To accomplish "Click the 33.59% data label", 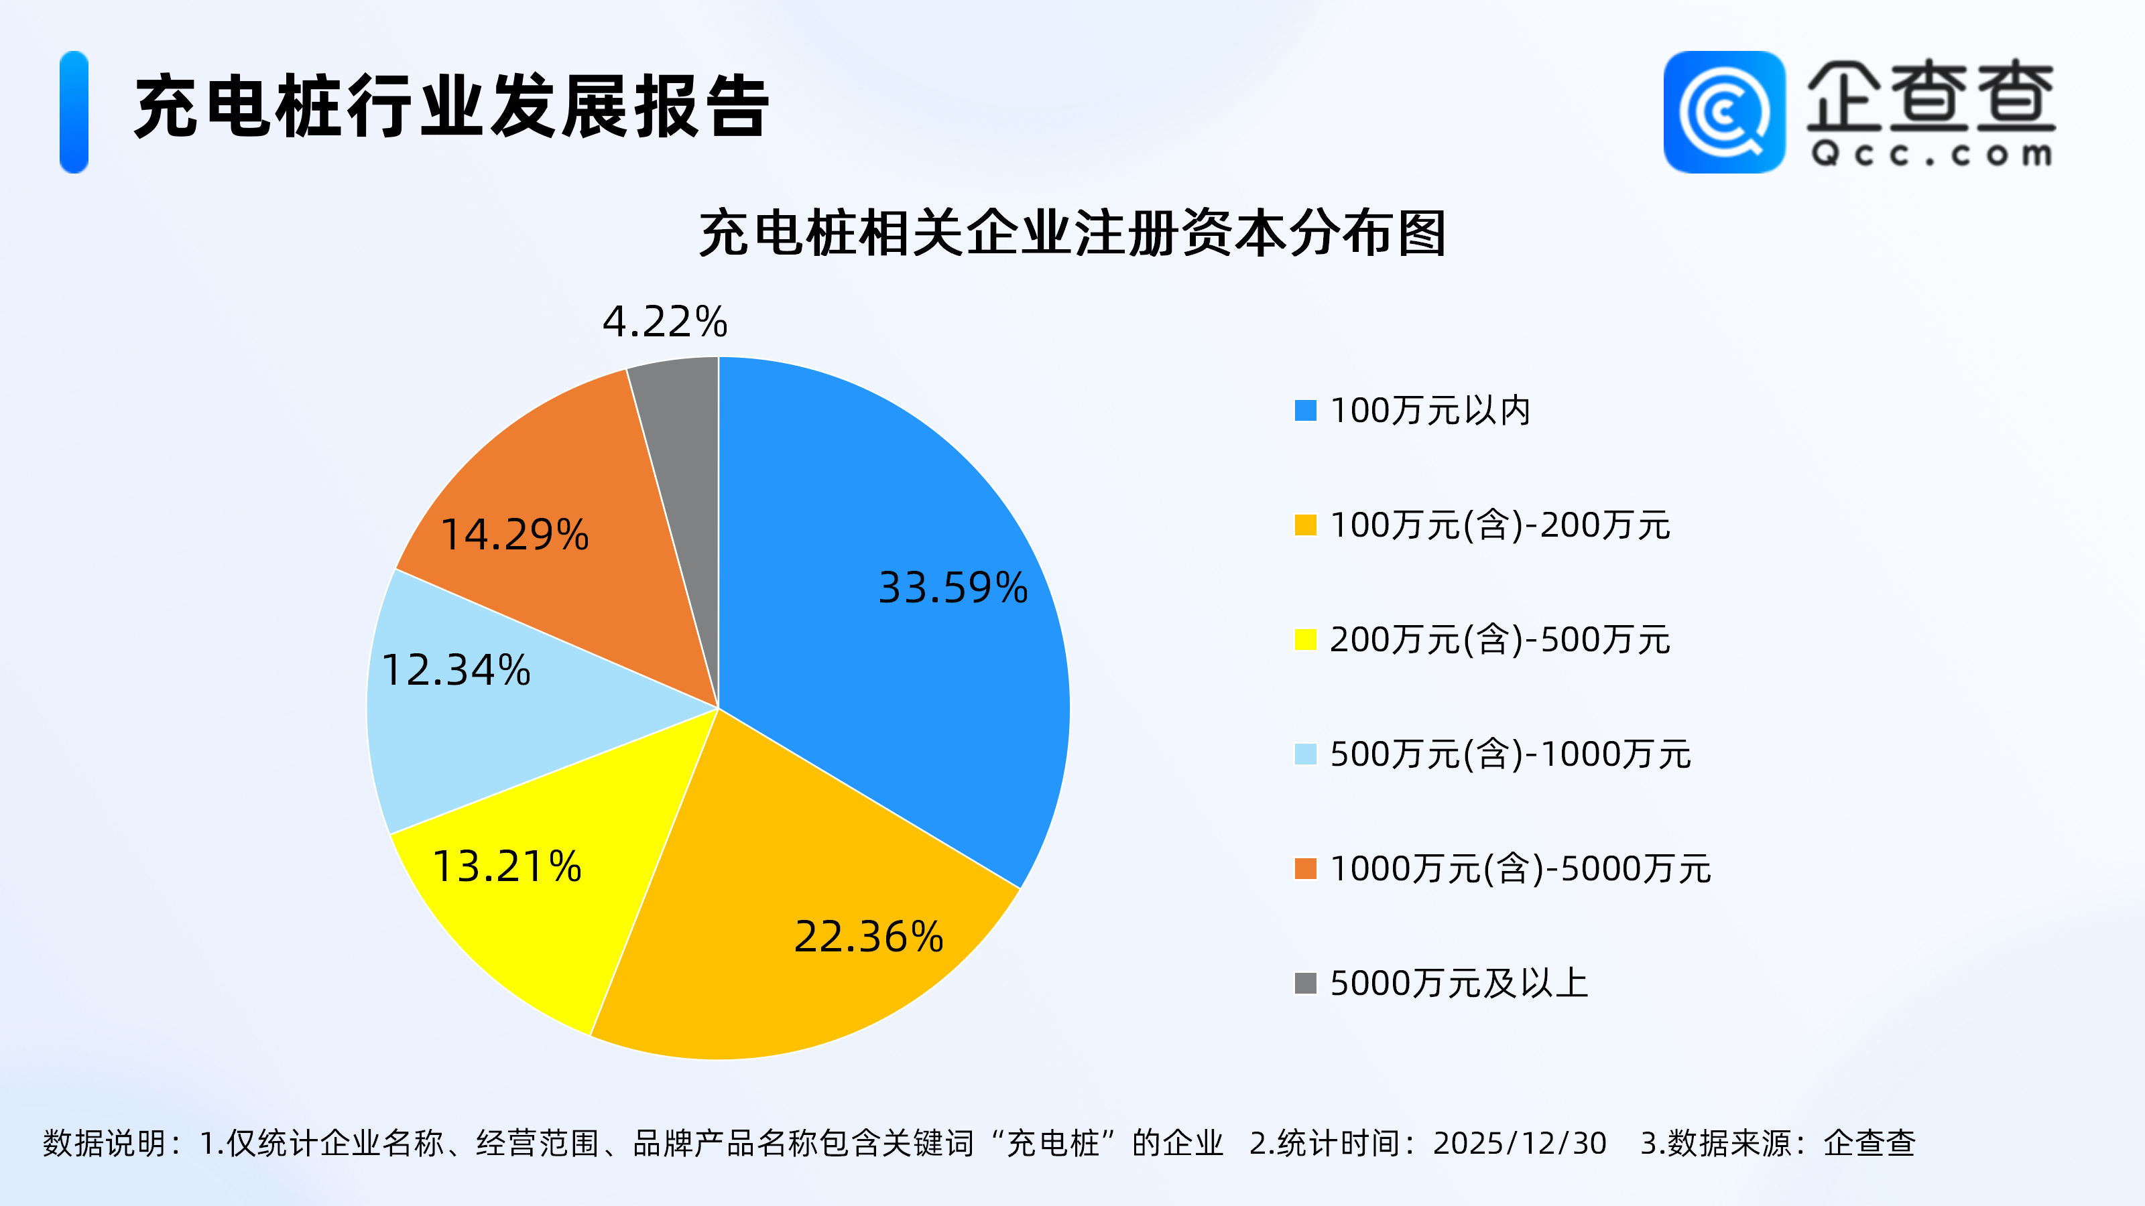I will (x=953, y=588).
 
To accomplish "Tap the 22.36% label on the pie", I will (x=869, y=937).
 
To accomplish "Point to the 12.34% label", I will (x=456, y=671).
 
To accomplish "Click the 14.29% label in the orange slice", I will (x=515, y=535).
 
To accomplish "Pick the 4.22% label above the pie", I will (x=664, y=322).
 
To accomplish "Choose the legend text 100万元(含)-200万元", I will (x=1499, y=526).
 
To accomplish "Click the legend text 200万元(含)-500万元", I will (x=1499, y=640).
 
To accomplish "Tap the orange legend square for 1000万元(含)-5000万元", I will (x=1305, y=869).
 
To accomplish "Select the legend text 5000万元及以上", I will (x=1459, y=984).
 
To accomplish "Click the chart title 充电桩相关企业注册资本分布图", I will (x=1072, y=234).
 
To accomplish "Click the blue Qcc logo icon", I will (x=1723, y=113).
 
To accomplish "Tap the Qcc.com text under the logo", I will (x=1931, y=155).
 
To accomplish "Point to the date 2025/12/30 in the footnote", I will (x=1520, y=1144).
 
